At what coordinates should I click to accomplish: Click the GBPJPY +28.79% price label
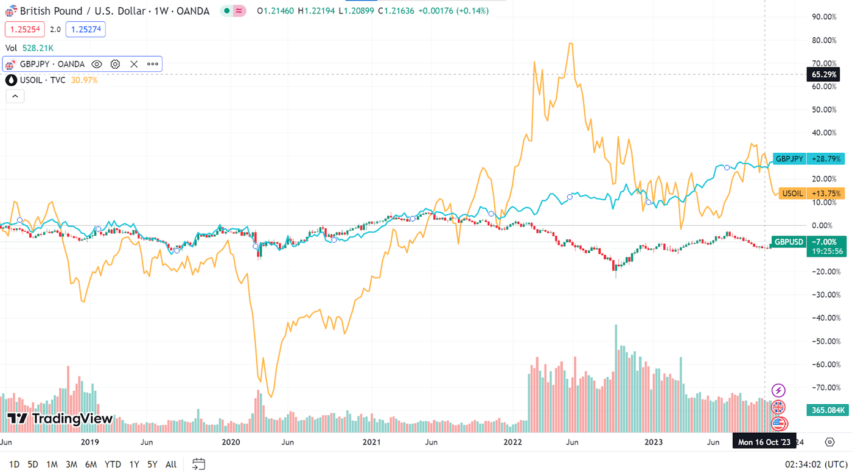(808, 159)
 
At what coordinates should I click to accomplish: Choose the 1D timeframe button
(14, 464)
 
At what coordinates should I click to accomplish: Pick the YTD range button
(113, 464)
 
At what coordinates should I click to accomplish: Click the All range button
(171, 464)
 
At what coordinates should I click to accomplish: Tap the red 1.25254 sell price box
(24, 29)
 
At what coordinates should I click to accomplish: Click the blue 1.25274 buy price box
(85, 29)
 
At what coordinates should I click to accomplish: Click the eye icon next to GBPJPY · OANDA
(97, 64)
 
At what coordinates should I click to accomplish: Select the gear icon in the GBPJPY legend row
(116, 64)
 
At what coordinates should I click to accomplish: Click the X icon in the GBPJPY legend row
(134, 64)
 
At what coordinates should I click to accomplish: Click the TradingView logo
(60, 419)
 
